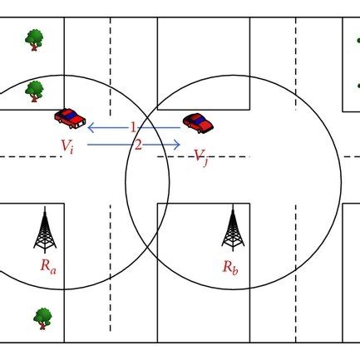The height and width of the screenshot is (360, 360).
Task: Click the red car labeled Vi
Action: pos(70,118)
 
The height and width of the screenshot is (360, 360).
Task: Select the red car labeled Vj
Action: pos(198,123)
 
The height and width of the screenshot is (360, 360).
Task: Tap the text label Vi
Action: pos(67,146)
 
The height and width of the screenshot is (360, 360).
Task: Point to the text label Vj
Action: pos(200,158)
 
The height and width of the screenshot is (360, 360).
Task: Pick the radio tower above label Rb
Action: pos(233,228)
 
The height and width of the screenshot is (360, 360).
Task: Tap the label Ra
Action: pos(48,266)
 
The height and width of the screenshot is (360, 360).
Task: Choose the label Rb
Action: pos(230,267)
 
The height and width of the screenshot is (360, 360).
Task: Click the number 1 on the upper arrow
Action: pos(133,128)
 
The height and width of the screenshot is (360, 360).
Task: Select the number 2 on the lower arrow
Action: pos(138,145)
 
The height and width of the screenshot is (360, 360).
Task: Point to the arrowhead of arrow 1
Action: pos(88,128)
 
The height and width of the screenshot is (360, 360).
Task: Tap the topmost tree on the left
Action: pos(34,40)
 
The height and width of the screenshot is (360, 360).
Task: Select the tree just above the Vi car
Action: pos(34,91)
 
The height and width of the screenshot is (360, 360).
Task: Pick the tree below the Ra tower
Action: pos(42,318)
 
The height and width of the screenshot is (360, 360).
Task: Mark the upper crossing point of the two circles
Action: pos(148,116)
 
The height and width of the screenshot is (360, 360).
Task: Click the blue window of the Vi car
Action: pos(72,115)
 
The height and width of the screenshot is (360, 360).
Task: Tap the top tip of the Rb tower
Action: pos(233,205)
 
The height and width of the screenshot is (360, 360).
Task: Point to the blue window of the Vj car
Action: pos(198,120)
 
